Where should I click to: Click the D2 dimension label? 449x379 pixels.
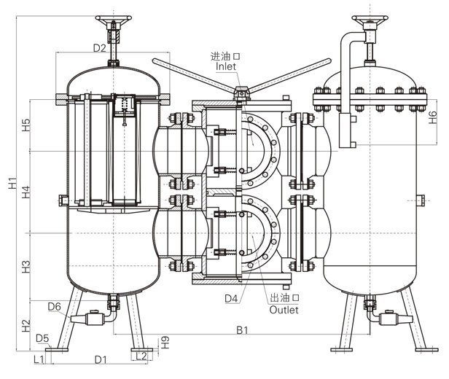pos(100,48)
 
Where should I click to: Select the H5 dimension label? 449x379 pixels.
pos(26,125)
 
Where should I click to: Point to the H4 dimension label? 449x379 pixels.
pos(26,192)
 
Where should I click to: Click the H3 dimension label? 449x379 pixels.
pos(26,266)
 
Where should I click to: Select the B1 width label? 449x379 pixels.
pos(243,330)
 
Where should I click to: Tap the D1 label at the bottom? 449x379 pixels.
pos(101,359)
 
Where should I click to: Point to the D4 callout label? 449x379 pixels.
pos(232,298)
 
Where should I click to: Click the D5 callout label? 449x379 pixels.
pos(42,338)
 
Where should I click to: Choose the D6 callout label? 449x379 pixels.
pos(55,306)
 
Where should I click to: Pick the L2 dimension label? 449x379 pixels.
pos(142,355)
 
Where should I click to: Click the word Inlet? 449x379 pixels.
pos(226,66)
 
